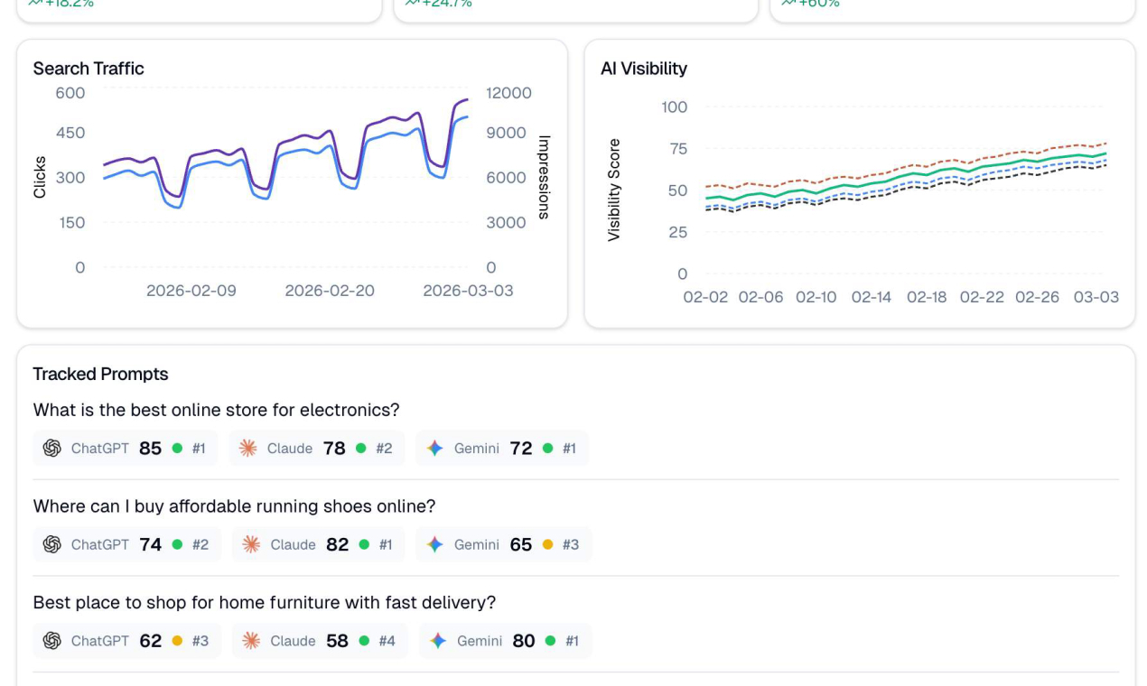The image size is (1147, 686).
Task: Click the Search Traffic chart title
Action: pos(89,69)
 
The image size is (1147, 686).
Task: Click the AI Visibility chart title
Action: pos(644,69)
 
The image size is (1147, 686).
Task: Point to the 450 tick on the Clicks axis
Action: pos(70,134)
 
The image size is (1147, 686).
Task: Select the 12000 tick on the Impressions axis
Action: pos(508,93)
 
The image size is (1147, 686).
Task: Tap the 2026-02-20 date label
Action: pos(330,291)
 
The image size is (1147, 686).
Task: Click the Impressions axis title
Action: pos(544,177)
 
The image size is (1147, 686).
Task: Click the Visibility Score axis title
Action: pos(614,190)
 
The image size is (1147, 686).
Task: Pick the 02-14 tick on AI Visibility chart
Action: pos(871,297)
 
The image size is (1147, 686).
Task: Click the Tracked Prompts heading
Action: pos(100,374)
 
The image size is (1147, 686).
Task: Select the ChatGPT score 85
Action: pos(150,449)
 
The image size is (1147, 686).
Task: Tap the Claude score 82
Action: pos(337,545)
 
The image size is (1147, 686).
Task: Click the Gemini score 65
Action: pos(521,545)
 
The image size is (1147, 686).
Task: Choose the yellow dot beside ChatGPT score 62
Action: pos(177,641)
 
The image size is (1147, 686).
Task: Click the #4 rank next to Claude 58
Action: pos(387,641)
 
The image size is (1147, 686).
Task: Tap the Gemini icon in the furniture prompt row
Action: pos(438,641)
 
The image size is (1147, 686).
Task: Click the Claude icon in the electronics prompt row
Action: pos(247,449)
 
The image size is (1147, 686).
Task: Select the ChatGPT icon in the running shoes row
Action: pos(52,545)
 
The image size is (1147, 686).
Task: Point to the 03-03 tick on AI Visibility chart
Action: pos(1096,297)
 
